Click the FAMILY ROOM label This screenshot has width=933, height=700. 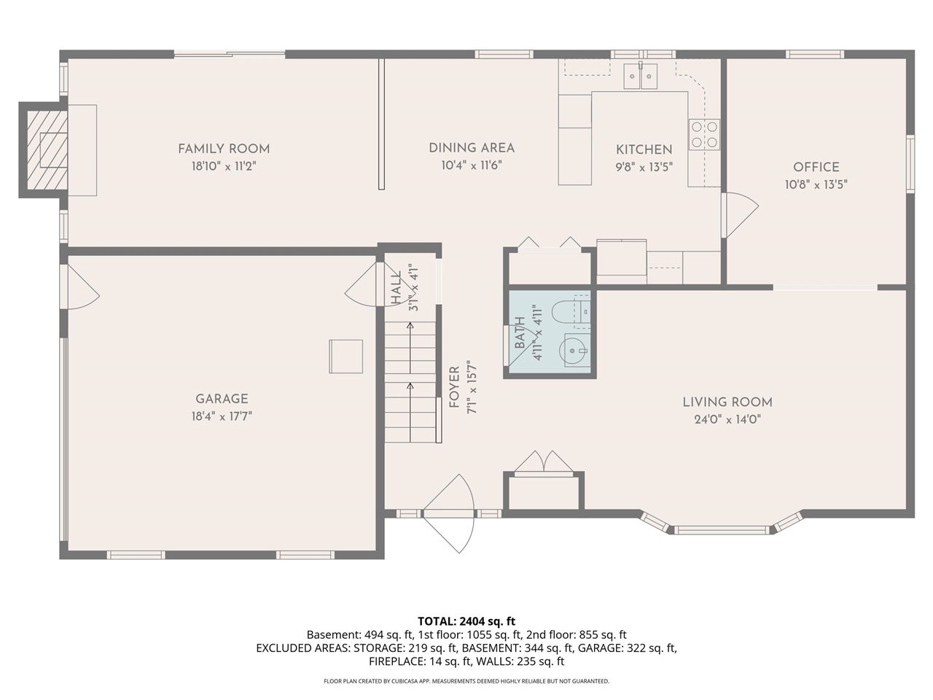tap(224, 149)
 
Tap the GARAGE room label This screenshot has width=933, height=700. tap(222, 399)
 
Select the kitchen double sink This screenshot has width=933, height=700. tap(641, 76)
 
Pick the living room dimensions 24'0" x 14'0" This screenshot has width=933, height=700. tap(727, 420)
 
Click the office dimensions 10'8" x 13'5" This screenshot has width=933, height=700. tap(816, 185)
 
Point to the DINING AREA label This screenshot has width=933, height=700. tap(472, 148)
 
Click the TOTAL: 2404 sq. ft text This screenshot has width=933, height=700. tap(466, 621)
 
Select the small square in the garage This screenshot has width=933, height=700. tap(346, 357)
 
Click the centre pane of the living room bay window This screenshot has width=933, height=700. tap(721, 529)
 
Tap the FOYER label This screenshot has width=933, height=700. tap(454, 387)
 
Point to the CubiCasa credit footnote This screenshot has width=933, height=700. tap(466, 681)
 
